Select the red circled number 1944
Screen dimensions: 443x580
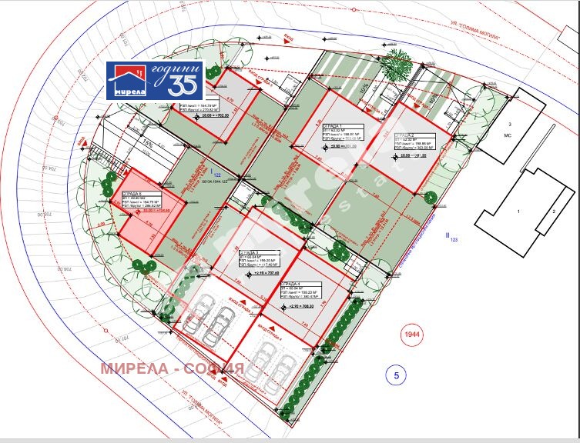pos(414,335)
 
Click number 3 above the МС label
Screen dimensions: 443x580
pos(508,123)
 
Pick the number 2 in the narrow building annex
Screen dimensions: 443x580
pos(552,211)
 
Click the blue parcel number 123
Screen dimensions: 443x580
pos(453,240)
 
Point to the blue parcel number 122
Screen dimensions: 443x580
pos(215,175)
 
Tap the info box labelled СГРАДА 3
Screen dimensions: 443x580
pos(262,260)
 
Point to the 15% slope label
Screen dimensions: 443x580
pos(145,143)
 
